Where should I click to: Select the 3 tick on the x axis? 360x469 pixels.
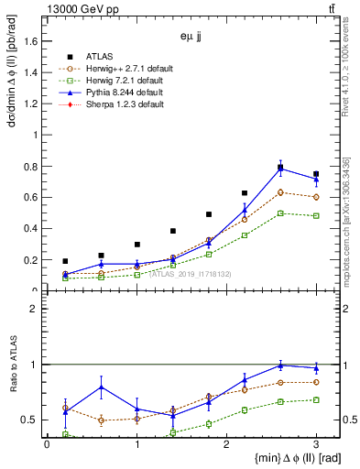316,444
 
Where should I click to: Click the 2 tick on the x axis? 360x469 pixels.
226,444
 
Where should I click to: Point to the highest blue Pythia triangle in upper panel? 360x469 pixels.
280,169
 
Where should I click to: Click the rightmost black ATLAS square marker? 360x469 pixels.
316,174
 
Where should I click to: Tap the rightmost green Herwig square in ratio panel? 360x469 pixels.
316,399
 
